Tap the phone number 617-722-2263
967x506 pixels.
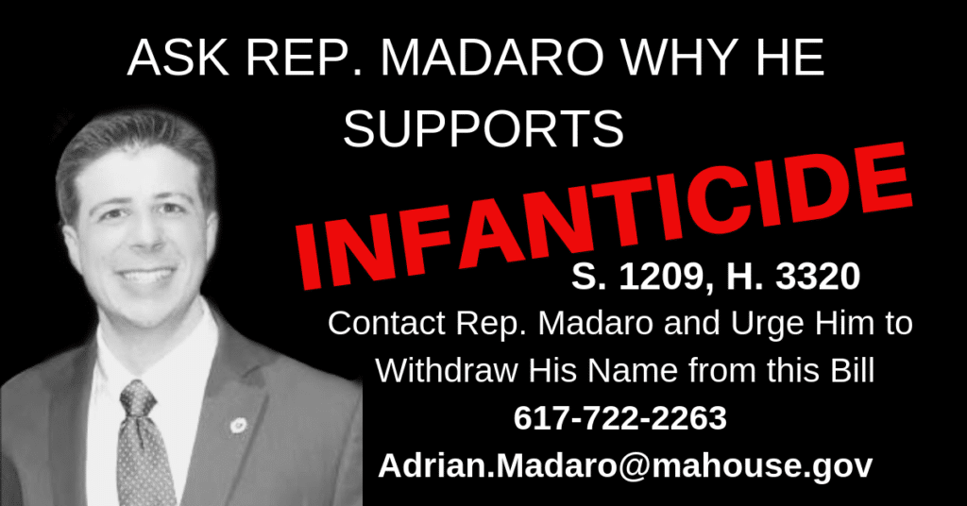[620, 418]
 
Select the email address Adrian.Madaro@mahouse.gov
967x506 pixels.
[625, 466]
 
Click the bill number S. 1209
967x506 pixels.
[637, 278]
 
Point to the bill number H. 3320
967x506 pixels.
[793, 277]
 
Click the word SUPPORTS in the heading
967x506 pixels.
[483, 128]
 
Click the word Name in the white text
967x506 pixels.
[632, 371]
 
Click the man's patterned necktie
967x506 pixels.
[144, 445]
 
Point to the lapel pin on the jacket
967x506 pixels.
[238, 425]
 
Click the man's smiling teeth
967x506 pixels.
[145, 275]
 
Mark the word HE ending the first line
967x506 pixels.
[795, 58]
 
